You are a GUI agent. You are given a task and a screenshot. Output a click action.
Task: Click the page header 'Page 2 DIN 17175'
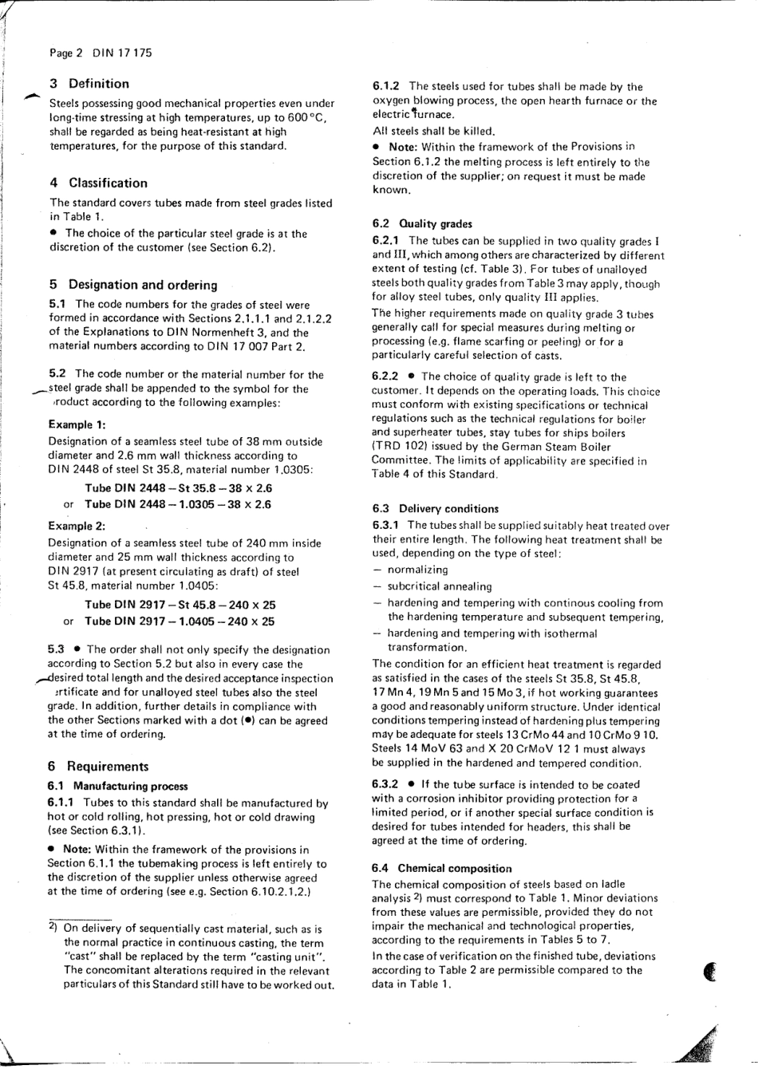100,53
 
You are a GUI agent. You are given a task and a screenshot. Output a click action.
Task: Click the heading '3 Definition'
89,83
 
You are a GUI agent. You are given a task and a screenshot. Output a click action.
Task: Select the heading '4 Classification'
98,183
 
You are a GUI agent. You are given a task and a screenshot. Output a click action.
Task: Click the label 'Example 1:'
77,424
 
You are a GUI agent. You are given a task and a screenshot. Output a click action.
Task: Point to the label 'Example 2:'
77,526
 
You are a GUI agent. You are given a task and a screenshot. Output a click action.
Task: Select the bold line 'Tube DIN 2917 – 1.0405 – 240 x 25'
180,621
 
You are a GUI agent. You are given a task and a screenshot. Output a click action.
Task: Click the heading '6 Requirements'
98,767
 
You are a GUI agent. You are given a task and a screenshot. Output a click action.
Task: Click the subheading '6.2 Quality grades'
422,224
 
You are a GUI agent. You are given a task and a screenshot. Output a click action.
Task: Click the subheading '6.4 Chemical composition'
441,868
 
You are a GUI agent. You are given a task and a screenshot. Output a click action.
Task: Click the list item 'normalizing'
417,570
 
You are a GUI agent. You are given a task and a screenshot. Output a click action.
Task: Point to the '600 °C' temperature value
307,117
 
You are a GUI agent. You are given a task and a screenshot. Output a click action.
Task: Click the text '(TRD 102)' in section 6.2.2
396,447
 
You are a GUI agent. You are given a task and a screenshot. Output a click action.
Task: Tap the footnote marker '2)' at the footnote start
51,928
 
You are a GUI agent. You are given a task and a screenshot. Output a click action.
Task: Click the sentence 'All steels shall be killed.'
433,131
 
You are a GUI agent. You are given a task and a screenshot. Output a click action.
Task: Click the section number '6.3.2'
385,784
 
